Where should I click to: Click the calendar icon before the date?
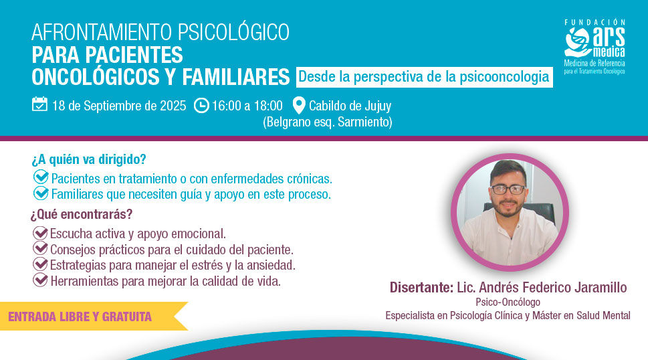[39, 104]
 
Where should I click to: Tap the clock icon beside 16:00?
[201, 106]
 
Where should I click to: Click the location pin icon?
[299, 106]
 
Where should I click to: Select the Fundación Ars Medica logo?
[595, 47]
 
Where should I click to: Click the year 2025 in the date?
[173, 106]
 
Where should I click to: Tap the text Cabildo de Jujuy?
[350, 106]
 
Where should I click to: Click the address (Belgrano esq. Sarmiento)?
[328, 122]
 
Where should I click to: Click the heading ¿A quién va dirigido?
[89, 159]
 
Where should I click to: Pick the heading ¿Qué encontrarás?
[82, 214]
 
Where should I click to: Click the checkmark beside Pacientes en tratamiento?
[41, 177]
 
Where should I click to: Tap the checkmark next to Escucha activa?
[40, 233]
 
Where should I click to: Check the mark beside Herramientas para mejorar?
[40, 280]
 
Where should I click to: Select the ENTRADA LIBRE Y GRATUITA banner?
[94, 317]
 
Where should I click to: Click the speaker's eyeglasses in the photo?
[508, 190]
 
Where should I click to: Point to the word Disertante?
[421, 287]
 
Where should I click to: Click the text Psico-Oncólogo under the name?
[508, 302]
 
